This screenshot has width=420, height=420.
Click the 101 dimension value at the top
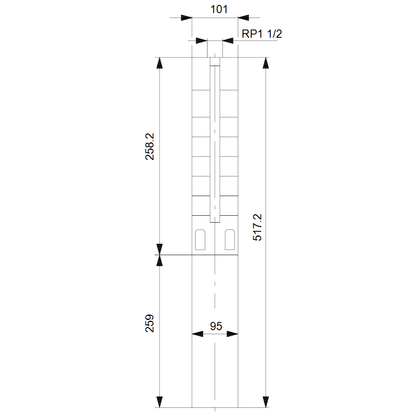pos(219,9)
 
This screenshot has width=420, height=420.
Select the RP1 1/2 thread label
pos(262,34)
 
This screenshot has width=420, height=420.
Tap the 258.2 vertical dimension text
pos(150,146)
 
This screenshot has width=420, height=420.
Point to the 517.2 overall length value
pos(257,227)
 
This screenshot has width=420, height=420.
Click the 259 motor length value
pos(150,323)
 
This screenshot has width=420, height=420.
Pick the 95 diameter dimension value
pos(216,326)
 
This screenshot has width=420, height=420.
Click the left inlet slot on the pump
pos(200,240)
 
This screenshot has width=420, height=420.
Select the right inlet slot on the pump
pos(230,240)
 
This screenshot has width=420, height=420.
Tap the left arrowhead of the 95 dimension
pos(197,334)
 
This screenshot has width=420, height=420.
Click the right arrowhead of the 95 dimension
pos(233,334)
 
